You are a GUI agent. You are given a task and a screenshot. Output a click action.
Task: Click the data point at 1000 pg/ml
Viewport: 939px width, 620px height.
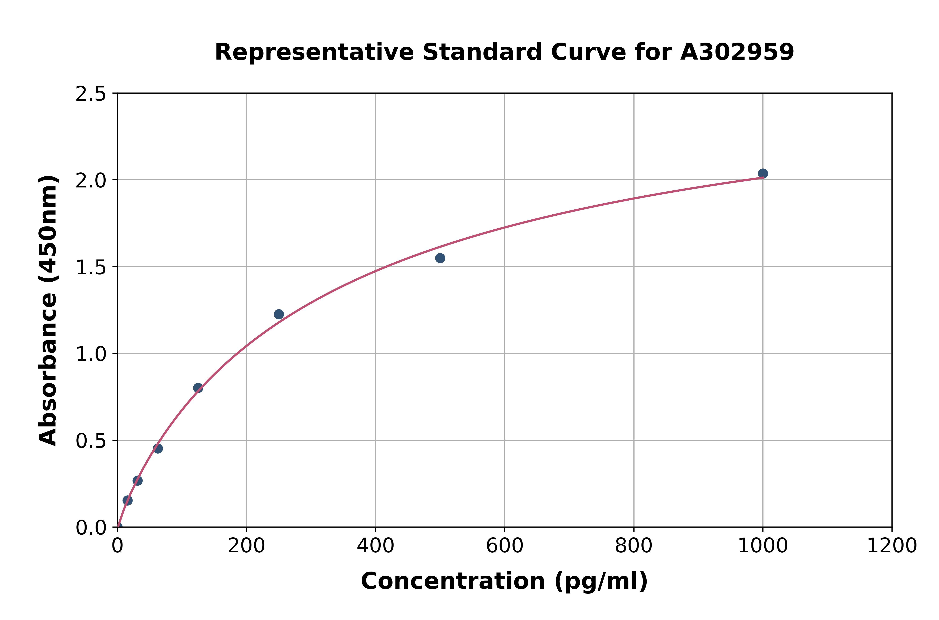point(763,174)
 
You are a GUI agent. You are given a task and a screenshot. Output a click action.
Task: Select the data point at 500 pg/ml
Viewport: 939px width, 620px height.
point(440,258)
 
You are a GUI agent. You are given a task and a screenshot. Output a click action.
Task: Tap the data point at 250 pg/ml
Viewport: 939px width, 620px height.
point(279,314)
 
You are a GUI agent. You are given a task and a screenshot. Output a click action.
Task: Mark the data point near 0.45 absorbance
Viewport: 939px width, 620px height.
point(158,448)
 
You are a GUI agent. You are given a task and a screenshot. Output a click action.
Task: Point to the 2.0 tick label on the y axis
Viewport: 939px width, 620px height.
point(91,181)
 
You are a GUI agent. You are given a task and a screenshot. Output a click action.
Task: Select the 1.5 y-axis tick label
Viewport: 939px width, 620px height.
point(91,268)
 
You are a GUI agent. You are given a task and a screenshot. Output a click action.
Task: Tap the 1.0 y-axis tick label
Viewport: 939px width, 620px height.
point(91,354)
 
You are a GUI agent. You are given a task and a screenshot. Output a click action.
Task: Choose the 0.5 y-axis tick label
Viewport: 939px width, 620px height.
point(91,441)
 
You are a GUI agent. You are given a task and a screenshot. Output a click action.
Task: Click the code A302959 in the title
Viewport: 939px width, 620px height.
point(737,52)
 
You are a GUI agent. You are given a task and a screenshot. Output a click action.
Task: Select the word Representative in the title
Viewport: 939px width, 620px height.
point(314,52)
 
